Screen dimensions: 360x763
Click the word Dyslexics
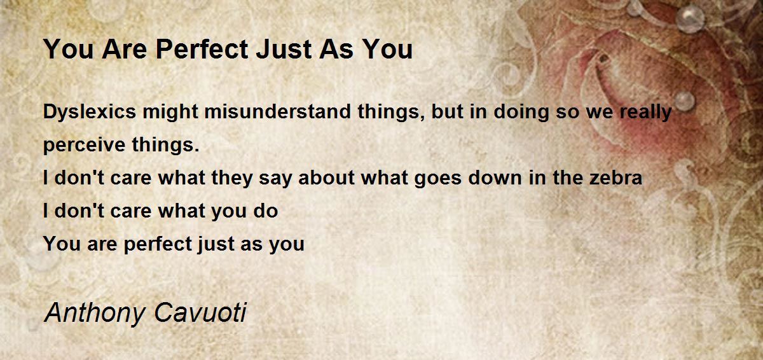tap(89, 113)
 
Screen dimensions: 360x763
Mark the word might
tap(167, 113)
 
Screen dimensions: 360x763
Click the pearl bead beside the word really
tap(684, 100)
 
